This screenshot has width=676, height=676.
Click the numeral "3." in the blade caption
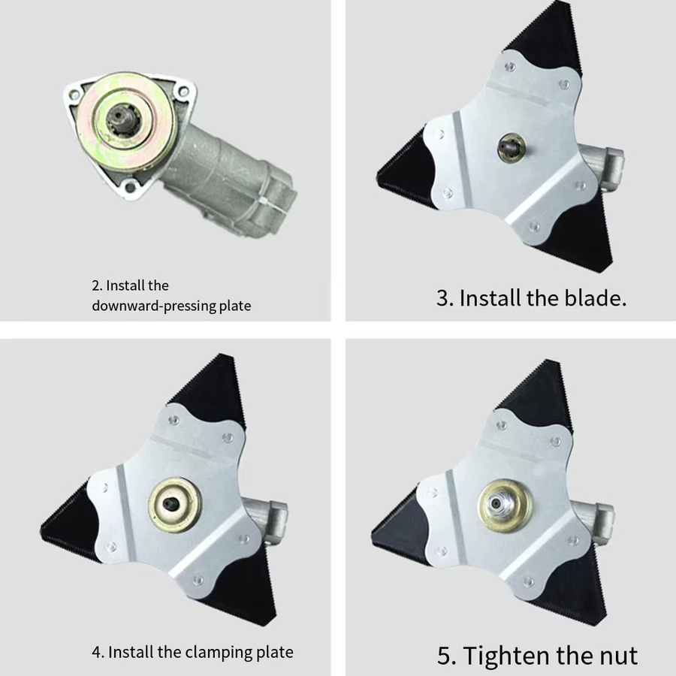point(445,298)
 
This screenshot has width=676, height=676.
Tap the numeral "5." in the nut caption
point(447,656)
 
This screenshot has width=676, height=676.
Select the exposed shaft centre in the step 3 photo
point(512,147)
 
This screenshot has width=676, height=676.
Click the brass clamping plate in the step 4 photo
point(175,505)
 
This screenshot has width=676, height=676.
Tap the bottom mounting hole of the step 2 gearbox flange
point(129,187)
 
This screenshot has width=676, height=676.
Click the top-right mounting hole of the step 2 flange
point(183,92)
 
